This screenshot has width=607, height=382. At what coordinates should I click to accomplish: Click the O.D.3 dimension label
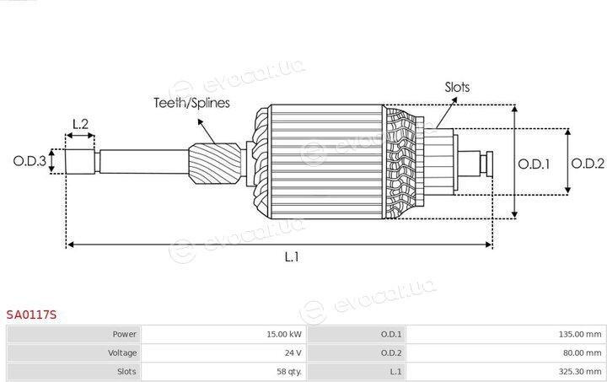(30, 161)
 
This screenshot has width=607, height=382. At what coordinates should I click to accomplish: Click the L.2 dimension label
(81, 124)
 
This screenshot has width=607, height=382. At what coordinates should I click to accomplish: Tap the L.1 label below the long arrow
(292, 256)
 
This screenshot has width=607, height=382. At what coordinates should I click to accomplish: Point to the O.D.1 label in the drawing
(534, 164)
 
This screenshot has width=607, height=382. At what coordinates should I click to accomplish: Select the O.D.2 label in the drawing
(588, 164)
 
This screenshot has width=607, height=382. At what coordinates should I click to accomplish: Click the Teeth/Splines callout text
(191, 103)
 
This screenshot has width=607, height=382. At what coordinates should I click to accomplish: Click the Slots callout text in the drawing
(457, 87)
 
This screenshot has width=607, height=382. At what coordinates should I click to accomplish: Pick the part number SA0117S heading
(31, 315)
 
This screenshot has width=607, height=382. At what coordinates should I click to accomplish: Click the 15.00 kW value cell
(223, 335)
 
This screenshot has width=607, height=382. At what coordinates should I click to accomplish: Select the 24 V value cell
(223, 353)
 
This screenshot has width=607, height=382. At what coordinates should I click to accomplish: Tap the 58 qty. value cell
(223, 372)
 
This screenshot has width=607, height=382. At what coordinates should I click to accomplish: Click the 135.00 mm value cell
(506, 335)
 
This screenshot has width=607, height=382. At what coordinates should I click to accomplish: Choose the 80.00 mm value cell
(506, 353)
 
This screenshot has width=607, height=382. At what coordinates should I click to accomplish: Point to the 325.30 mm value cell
(506, 372)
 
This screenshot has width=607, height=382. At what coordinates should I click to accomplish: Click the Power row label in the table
(124, 335)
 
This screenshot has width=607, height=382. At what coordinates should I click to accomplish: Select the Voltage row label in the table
(122, 353)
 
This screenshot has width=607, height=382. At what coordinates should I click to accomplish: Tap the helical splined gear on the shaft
(215, 164)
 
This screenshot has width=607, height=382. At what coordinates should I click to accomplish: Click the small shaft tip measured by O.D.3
(80, 161)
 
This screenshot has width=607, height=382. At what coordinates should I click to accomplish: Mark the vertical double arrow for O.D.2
(567, 161)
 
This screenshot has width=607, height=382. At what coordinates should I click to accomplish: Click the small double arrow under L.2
(80, 136)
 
